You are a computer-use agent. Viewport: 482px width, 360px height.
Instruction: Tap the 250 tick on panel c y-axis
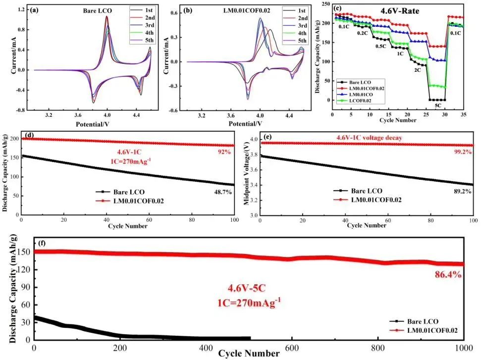pos(324,4)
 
